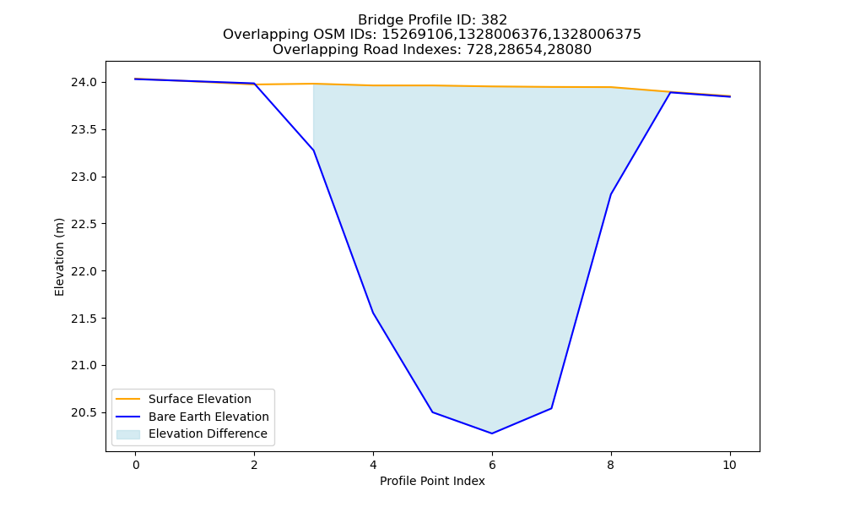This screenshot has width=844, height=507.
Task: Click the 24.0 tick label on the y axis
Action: pyautogui.click(x=84, y=83)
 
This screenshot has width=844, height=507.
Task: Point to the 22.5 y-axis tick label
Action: pyautogui.click(x=84, y=224)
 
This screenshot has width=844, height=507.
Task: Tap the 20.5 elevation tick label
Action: pyautogui.click(x=84, y=412)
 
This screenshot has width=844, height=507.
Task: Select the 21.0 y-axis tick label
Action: pyautogui.click(x=84, y=366)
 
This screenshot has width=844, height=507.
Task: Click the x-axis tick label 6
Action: pyautogui.click(x=492, y=465)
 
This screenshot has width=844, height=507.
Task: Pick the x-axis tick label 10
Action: pyautogui.click(x=729, y=465)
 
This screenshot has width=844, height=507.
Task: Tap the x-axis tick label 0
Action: pyautogui.click(x=136, y=465)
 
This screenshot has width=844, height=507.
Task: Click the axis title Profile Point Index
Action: pyautogui.click(x=432, y=481)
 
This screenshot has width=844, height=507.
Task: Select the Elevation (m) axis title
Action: pyautogui.click(x=59, y=257)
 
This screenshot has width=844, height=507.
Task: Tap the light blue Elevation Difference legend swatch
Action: pyautogui.click(x=128, y=434)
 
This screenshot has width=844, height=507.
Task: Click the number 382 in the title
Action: pyautogui.click(x=495, y=20)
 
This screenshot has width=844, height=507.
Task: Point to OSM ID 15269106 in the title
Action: pyautogui.click(x=417, y=35)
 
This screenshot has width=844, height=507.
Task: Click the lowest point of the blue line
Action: pyautogui.click(x=492, y=433)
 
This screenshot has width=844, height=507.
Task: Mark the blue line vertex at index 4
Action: pyautogui.click(x=373, y=313)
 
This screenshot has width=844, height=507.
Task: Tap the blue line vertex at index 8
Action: pyautogui.click(x=611, y=194)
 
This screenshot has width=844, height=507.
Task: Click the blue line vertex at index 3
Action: pyautogui.click(x=314, y=150)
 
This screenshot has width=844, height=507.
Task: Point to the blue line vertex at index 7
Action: pyautogui.click(x=551, y=408)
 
